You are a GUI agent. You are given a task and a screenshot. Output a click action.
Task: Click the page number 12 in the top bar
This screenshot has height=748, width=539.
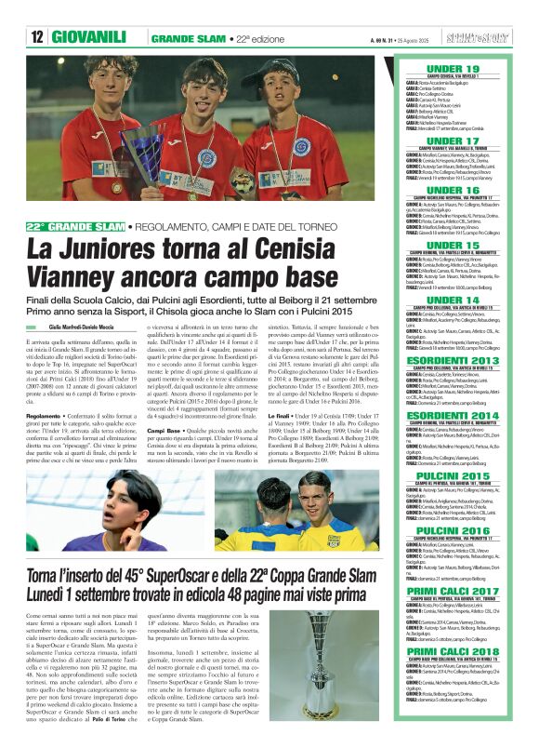[38, 37]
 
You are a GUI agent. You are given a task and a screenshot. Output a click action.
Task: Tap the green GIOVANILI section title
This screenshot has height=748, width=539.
[89, 37]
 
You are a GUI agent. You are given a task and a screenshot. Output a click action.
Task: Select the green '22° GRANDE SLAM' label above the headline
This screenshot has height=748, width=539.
[75, 227]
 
